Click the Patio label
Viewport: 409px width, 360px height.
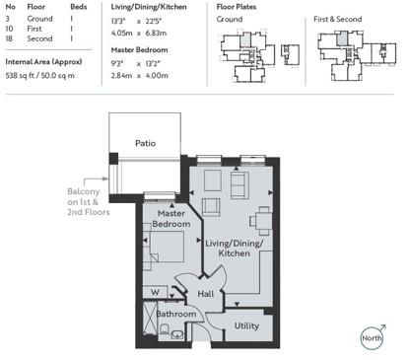(145, 143)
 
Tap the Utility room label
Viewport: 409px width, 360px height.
(246, 324)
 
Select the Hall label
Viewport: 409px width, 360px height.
(205, 293)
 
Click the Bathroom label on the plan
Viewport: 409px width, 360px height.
(176, 315)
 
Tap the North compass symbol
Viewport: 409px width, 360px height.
(371, 337)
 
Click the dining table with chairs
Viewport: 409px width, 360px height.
(259, 219)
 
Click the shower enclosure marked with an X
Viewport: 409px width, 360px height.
(149, 323)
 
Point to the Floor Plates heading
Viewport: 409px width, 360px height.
(237, 8)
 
